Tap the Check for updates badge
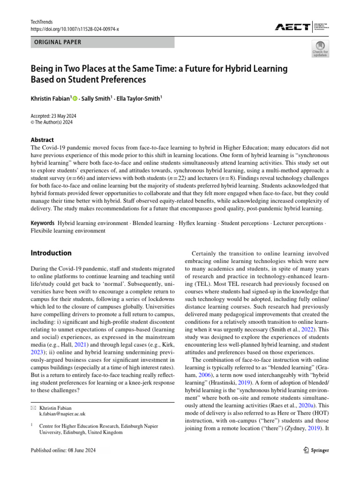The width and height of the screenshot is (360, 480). point(320,48)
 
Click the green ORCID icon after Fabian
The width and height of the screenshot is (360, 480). point(75,99)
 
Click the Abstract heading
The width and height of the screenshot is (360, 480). point(42,140)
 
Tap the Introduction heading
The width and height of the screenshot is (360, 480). point(51,253)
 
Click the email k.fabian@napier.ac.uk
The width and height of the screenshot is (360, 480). point(63,414)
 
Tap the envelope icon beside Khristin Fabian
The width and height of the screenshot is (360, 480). point(33,408)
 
